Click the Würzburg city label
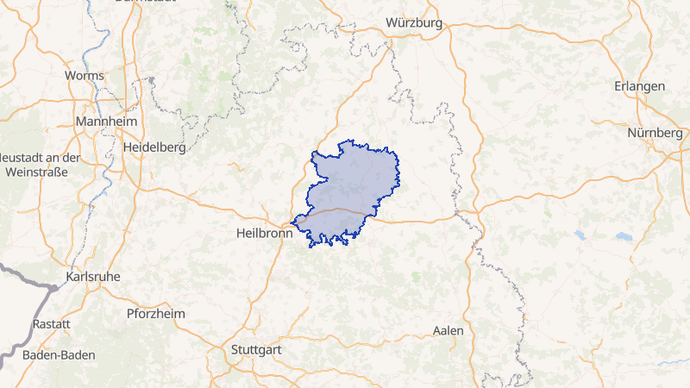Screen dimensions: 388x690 (414, 22)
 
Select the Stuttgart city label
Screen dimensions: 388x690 (258, 350)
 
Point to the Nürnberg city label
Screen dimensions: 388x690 (655, 134)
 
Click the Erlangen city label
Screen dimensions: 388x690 (639, 87)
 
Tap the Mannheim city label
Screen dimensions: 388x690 (106, 122)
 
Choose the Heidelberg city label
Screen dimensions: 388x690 (154, 147)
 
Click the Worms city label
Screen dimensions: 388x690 (85, 76)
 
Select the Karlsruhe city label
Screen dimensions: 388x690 (93, 277)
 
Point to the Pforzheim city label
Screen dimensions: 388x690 (155, 313)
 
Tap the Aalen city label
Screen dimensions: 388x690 (448, 330)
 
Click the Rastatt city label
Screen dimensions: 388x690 (51, 323)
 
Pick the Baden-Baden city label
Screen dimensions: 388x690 (59, 354)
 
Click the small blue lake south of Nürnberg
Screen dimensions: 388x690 (624, 236)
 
